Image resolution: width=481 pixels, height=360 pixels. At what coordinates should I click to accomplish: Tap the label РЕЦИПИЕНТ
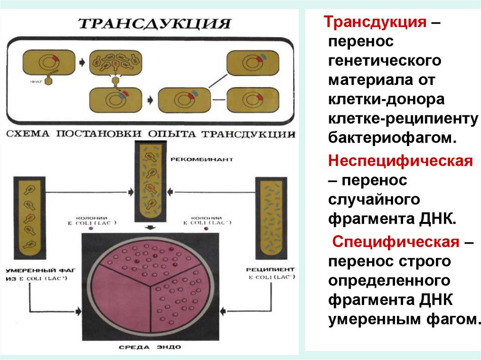click(x=271, y=269)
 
